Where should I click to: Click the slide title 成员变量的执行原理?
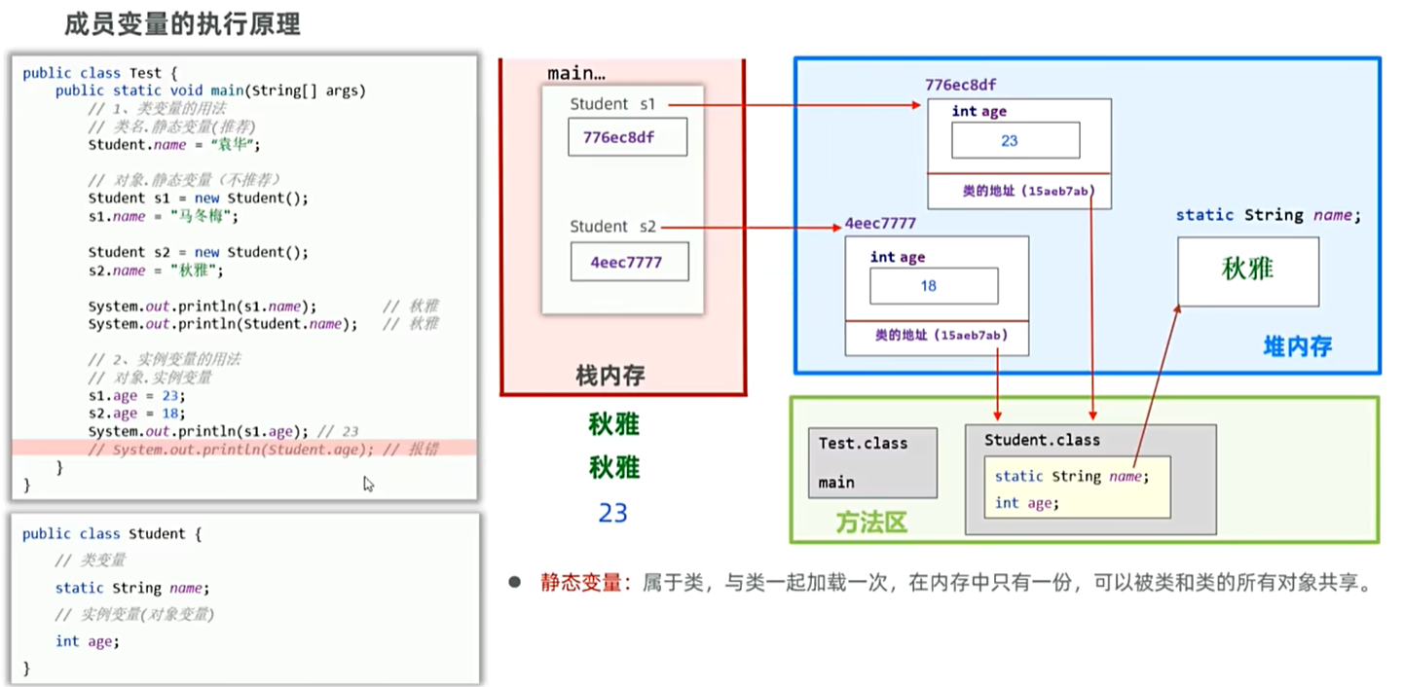[x=182, y=23]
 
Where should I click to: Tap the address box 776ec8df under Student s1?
[x=627, y=137]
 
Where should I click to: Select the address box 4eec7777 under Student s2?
[x=629, y=262]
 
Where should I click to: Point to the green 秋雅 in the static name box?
[x=1247, y=270]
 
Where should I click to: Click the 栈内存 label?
[x=610, y=375]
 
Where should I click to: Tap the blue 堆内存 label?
[x=1297, y=345]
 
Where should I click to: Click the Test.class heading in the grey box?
[x=863, y=443]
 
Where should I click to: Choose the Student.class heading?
[x=1042, y=440]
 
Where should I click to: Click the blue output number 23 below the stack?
[x=612, y=512]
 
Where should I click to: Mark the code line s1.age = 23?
[x=136, y=396]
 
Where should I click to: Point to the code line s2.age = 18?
[x=136, y=414]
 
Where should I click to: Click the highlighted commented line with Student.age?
[x=263, y=449]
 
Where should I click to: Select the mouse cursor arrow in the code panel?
[x=368, y=483]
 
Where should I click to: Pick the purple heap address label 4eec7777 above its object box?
[x=880, y=224]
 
